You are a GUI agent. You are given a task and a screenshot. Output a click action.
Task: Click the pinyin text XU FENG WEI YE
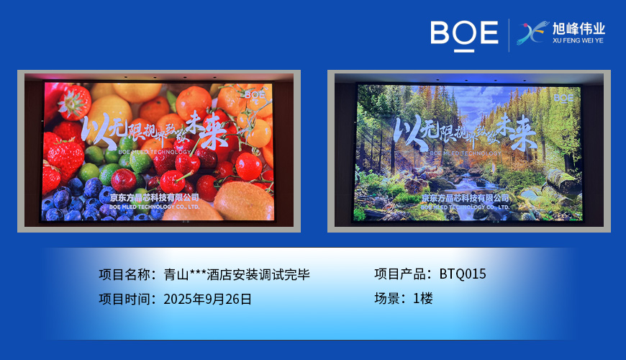pyautogui.click(x=579, y=41)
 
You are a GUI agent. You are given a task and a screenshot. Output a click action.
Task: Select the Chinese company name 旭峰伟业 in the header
pyautogui.click(x=579, y=28)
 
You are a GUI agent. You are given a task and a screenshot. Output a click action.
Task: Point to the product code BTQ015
pyautogui.click(x=463, y=274)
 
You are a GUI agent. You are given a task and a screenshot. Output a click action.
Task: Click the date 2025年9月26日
pyautogui.click(x=208, y=299)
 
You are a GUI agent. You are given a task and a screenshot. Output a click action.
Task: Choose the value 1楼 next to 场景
pyautogui.click(x=423, y=299)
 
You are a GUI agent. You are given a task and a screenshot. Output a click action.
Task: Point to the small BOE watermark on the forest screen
pyautogui.click(x=563, y=97)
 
